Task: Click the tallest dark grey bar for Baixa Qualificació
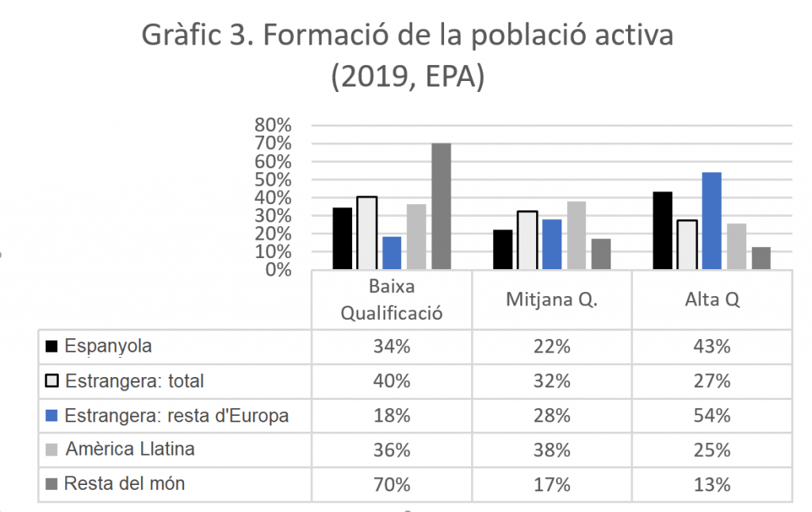coord(441,206)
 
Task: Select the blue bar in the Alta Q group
coord(711,221)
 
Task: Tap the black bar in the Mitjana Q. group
coord(503,250)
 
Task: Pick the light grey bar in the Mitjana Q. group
coord(576,235)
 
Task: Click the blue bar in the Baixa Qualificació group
coord(392,253)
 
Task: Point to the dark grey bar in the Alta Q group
coord(761,258)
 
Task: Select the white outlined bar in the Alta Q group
coord(687,244)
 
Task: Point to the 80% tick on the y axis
coord(273,125)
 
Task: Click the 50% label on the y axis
coord(273,180)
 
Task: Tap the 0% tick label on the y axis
coord(278,270)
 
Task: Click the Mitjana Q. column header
coord(552,299)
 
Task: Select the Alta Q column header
coord(712,299)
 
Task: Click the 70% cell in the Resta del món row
coord(392,484)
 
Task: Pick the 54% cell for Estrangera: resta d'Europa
coord(712,416)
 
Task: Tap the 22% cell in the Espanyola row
coord(552,346)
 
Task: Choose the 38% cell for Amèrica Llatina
coord(552,450)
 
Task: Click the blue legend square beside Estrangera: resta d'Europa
coord(52,416)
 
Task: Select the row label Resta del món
coord(124,483)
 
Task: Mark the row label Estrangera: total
coord(135,381)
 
